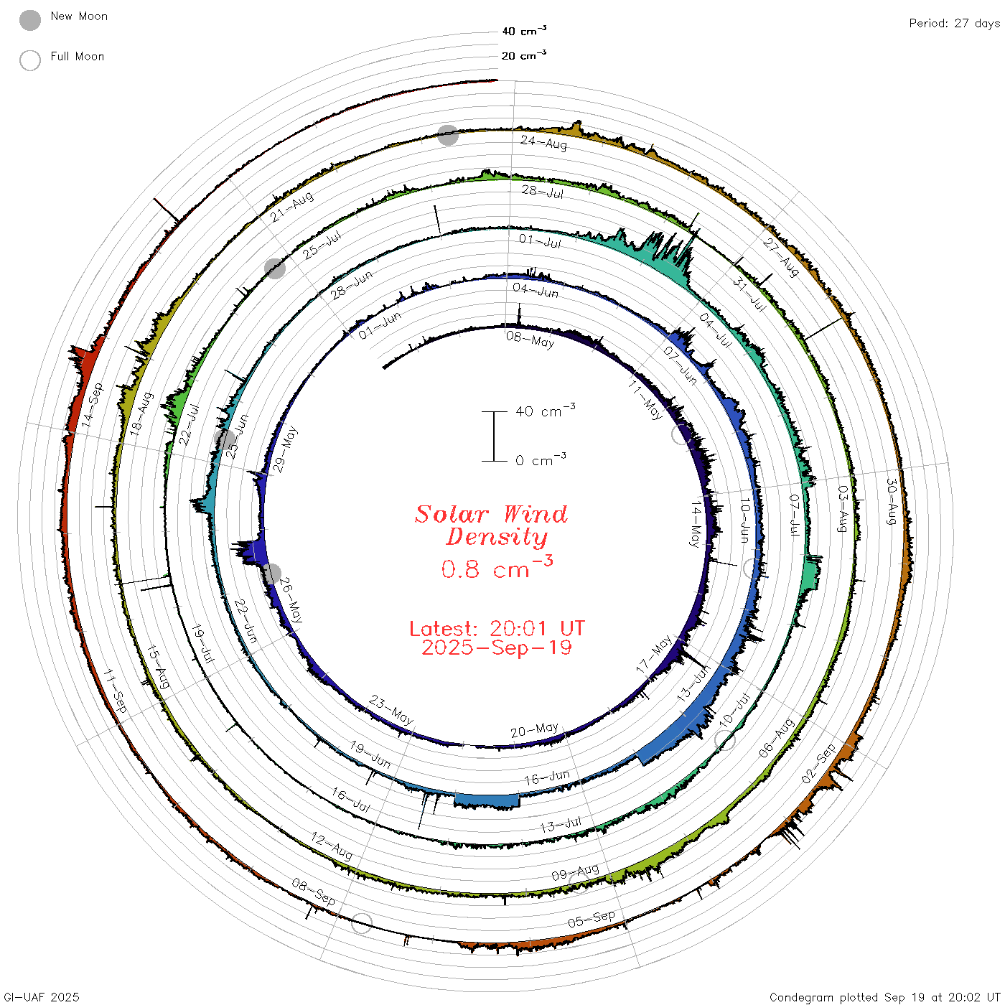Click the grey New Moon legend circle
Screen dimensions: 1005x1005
[x=29, y=20]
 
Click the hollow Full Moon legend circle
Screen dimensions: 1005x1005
[x=29, y=60]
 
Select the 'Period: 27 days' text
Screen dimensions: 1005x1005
[x=954, y=24]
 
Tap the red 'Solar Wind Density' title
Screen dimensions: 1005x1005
[x=491, y=525]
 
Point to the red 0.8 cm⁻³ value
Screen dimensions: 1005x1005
[x=497, y=567]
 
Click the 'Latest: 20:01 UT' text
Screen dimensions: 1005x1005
[x=497, y=628]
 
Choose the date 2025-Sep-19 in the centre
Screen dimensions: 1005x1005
[x=497, y=648]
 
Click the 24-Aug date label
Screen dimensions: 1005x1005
[x=543, y=142]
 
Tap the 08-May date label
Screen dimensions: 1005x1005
[x=530, y=340]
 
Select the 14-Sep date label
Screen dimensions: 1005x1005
[x=92, y=405]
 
